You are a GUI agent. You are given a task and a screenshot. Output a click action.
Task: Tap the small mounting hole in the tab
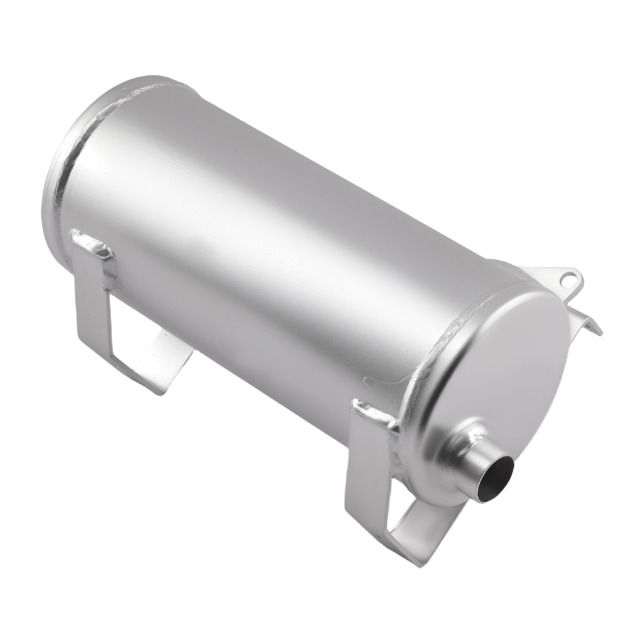click(x=567, y=279)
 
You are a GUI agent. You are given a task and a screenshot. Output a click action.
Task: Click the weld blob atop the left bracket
click(x=90, y=243)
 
